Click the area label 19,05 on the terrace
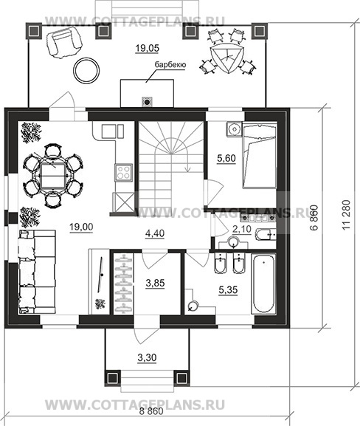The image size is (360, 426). [147, 49]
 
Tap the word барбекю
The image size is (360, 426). [170, 65]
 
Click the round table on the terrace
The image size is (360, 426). [87, 71]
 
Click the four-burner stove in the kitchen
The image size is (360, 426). [123, 172]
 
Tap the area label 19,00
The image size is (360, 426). [81, 227]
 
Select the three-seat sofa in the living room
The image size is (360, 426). [37, 272]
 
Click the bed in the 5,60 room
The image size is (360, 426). [260, 155]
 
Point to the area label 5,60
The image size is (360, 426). [226, 158]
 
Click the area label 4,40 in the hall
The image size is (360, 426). [155, 233]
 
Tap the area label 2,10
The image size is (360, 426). [242, 229]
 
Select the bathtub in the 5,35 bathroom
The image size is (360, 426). [263, 284]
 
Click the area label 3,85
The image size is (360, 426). [156, 283]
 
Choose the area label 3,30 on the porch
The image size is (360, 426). [147, 358]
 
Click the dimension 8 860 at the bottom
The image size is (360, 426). [152, 411]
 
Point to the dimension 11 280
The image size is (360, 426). [347, 215]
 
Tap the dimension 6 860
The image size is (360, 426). [314, 218]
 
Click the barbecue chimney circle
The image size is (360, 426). [147, 102]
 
